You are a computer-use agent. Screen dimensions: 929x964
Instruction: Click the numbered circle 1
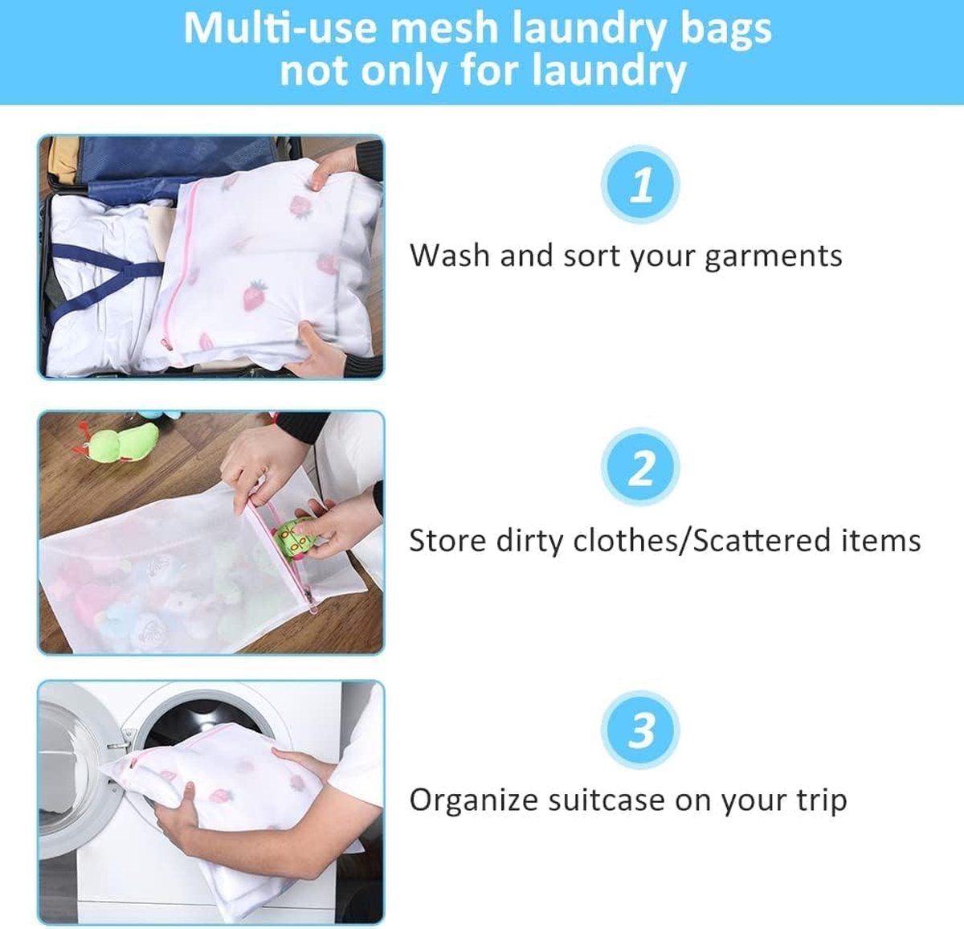point(640,185)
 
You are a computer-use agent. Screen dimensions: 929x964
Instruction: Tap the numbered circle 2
point(640,467)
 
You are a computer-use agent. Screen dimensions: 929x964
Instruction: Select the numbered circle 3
point(640,730)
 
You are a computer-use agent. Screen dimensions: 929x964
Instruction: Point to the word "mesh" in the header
point(444,28)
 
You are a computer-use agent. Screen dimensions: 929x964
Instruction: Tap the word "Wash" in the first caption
point(449,256)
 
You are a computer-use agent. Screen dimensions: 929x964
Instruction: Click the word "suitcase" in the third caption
point(607,800)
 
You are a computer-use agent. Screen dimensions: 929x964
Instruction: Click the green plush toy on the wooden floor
point(124,444)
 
